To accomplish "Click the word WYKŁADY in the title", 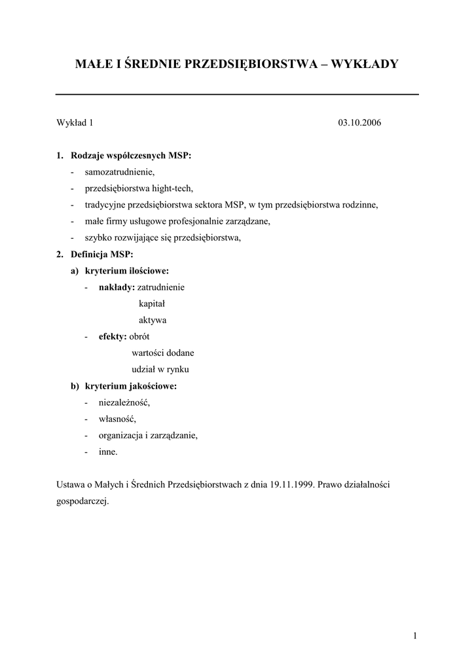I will [365, 64].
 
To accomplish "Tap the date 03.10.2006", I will [359, 123].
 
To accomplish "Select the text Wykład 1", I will [75, 123].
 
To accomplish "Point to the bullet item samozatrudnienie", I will [119, 172].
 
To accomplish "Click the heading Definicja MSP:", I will [101, 254].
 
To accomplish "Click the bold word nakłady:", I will [117, 287].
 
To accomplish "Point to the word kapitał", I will [152, 304].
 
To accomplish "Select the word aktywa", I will [153, 320].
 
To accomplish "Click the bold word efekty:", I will [113, 336].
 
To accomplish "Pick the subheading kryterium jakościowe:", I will [131, 386].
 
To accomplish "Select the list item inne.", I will [109, 451].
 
